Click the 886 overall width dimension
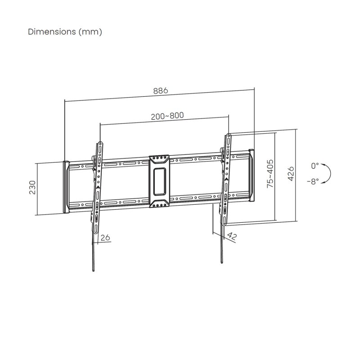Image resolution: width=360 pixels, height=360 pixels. pyautogui.click(x=161, y=90)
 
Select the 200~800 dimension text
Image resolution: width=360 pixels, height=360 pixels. pyautogui.click(x=167, y=116)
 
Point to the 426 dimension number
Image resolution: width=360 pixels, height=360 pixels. pyautogui.click(x=291, y=173)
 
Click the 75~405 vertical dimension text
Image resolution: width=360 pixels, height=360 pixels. pyautogui.click(x=270, y=175)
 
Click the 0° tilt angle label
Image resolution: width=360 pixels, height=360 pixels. pyautogui.click(x=315, y=166)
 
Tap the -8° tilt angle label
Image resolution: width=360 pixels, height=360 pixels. pyautogui.click(x=313, y=180)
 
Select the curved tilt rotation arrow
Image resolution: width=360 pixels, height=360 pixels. pyautogui.click(x=327, y=173)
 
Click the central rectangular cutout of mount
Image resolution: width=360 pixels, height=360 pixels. pyautogui.click(x=159, y=181)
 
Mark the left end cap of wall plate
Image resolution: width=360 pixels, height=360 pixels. pyautogui.click(x=65, y=186)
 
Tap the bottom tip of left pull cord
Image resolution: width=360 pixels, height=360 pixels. pyautogui.click(x=93, y=271)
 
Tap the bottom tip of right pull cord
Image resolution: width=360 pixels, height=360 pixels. pyautogui.click(x=222, y=262)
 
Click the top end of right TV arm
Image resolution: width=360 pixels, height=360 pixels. pyautogui.click(x=228, y=134)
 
